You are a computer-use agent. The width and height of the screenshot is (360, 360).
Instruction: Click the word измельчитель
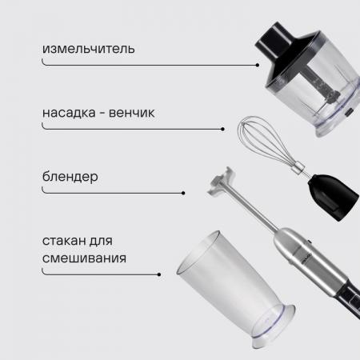click(x=89, y=49)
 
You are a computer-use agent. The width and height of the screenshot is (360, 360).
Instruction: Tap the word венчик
click(x=131, y=113)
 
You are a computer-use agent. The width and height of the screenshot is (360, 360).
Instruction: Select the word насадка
click(x=69, y=113)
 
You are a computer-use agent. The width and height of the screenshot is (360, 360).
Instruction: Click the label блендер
click(x=70, y=177)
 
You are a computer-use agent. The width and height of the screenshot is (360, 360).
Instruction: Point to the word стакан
click(x=64, y=241)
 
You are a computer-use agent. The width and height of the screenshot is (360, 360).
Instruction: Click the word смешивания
click(x=84, y=258)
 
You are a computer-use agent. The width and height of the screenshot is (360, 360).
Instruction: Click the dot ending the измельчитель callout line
click(x=258, y=65)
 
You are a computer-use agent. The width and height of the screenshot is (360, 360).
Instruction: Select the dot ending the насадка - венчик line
click(x=222, y=129)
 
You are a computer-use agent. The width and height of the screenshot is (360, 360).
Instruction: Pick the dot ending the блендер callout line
click(x=183, y=193)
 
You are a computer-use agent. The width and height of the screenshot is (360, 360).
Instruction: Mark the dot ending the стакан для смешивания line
click(x=159, y=274)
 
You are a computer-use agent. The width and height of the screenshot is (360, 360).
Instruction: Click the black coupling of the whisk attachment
click(x=334, y=197)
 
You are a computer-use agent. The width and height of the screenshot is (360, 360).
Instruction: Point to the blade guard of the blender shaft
click(x=221, y=182)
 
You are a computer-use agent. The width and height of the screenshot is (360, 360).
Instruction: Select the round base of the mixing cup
click(x=274, y=326)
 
